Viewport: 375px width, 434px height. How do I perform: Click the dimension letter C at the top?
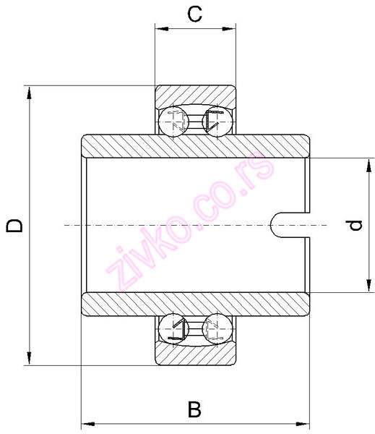tap(194, 13)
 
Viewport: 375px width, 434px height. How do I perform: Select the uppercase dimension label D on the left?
tap(14, 226)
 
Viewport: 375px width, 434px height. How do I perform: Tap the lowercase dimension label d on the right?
tap(354, 226)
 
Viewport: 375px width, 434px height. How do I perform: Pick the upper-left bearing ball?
tap(174, 120)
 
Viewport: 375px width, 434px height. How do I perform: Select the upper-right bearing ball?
tap(215, 120)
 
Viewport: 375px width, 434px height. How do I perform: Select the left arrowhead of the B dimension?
tap(87, 422)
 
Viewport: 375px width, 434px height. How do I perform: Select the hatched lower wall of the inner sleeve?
tap(195, 304)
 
